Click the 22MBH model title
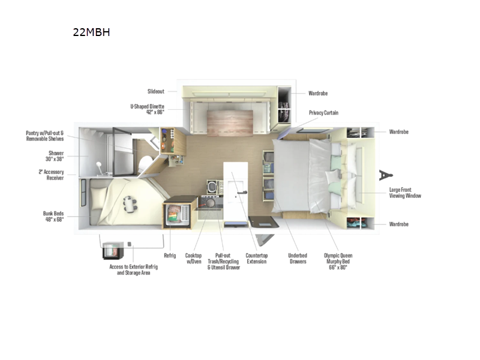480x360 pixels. pyautogui.click(x=91, y=32)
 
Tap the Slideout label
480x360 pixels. pyautogui.click(x=156, y=92)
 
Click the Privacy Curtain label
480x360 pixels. pyautogui.click(x=323, y=113)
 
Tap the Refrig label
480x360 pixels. pyautogui.click(x=170, y=255)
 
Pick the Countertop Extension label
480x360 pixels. pyautogui.click(x=256, y=258)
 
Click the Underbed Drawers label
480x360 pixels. pyautogui.click(x=297, y=258)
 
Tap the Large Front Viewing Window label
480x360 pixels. pyautogui.click(x=404, y=193)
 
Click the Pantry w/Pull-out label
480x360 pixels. pyautogui.click(x=44, y=136)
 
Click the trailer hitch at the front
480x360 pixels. pyautogui.click(x=384, y=175)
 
